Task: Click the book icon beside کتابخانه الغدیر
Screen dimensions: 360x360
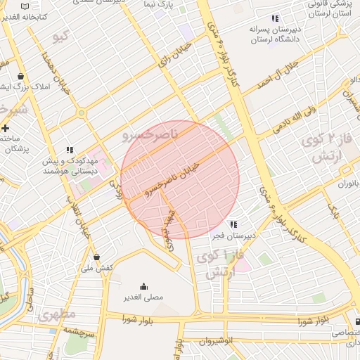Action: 25,5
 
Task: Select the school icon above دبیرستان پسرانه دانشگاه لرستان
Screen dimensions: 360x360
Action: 275,18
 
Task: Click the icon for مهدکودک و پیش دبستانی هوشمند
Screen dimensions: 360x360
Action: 70,150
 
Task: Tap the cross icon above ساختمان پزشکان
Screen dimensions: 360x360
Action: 6,128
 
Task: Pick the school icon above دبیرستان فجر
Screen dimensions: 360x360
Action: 233,224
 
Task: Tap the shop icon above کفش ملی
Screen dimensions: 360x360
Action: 96,257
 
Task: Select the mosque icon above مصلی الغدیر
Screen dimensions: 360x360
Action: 144,286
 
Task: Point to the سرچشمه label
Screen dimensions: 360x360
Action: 77,330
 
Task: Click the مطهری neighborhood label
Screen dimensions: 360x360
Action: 57,314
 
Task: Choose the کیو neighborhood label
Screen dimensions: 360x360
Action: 61,34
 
